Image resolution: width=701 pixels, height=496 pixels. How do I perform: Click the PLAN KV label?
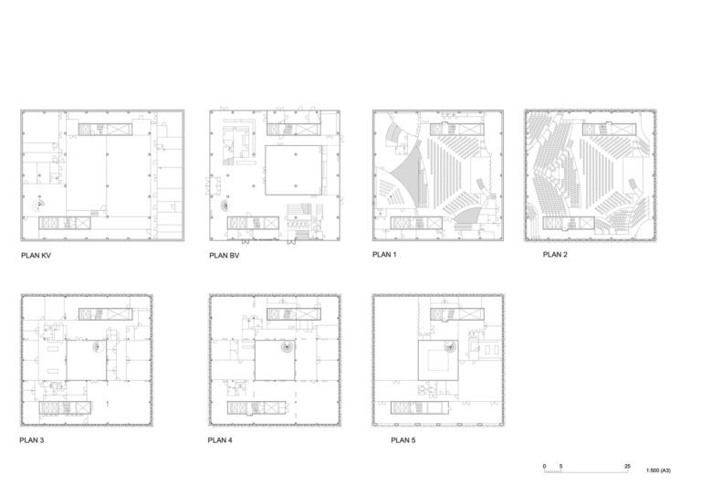click(x=36, y=257)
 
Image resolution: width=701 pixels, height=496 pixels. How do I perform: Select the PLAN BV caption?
click(x=225, y=257)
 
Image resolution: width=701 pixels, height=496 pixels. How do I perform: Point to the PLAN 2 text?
click(x=555, y=255)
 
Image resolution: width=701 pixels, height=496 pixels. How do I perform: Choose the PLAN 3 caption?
click(x=33, y=440)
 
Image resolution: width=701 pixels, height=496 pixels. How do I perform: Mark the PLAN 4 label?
click(x=221, y=440)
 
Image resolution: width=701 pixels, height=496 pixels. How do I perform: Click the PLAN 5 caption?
click(x=403, y=440)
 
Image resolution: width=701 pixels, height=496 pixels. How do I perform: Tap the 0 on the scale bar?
click(x=545, y=467)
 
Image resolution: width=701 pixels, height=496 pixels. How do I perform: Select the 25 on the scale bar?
click(x=627, y=467)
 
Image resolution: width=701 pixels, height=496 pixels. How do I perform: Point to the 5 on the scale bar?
click(x=560, y=467)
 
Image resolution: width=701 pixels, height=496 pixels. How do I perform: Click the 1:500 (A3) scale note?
click(x=658, y=471)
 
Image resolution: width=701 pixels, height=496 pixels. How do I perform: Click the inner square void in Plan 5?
click(x=436, y=364)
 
